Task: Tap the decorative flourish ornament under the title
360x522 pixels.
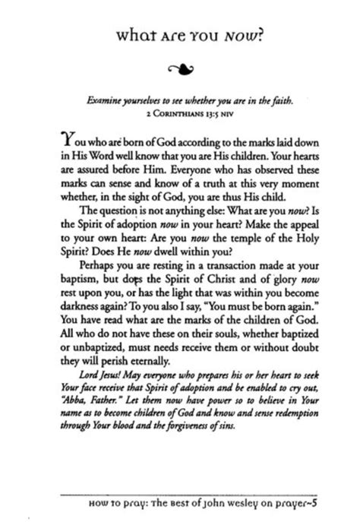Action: (x=180, y=71)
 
